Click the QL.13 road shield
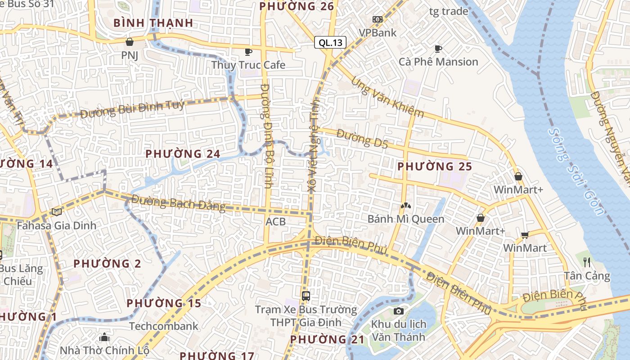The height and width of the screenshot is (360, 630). click(x=330, y=43)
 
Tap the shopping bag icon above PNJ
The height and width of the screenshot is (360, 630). click(x=130, y=42)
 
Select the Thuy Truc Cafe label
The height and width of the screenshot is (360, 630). click(x=248, y=65)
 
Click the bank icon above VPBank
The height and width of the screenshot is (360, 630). click(x=378, y=19)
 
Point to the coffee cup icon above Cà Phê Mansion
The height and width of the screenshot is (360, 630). click(x=438, y=49)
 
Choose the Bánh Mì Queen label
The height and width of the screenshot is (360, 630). click(x=406, y=219)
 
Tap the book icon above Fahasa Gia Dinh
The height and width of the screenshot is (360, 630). click(x=56, y=211)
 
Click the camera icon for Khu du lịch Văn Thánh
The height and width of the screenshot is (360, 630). click(x=398, y=311)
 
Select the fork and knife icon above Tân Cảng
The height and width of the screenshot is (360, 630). click(x=587, y=262)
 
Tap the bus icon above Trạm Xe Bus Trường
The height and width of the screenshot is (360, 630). click(x=306, y=296)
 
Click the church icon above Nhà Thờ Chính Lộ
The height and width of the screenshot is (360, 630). click(x=104, y=337)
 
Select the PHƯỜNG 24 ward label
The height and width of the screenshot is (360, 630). click(x=183, y=154)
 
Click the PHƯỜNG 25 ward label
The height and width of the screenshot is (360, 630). click(x=435, y=166)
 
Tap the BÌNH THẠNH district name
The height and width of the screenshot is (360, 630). click(x=153, y=22)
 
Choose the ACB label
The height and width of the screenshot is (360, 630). click(x=275, y=221)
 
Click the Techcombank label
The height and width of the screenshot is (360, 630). click(x=164, y=326)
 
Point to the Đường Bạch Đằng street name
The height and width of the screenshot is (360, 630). click(x=178, y=203)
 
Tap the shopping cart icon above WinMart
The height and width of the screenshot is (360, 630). click(x=525, y=234)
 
